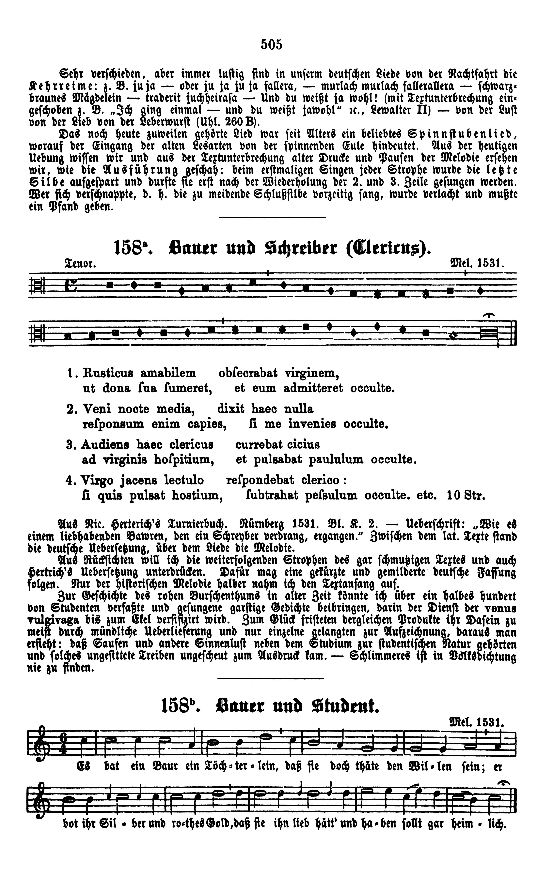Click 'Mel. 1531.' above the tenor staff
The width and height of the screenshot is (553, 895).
point(478,264)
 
